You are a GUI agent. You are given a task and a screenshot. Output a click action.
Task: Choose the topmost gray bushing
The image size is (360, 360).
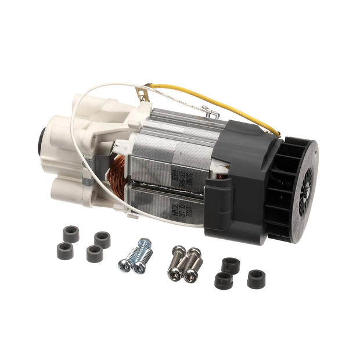71,233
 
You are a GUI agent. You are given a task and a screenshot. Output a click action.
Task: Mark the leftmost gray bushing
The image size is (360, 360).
65,250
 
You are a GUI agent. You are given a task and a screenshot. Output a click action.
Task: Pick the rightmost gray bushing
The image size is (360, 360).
102,239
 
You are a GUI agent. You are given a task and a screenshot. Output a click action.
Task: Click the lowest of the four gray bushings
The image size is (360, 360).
94,254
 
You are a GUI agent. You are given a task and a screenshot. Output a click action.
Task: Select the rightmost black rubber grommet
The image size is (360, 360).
255,279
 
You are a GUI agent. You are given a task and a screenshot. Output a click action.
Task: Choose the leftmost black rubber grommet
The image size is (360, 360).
224,281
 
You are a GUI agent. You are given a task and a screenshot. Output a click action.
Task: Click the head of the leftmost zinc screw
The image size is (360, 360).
124,265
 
